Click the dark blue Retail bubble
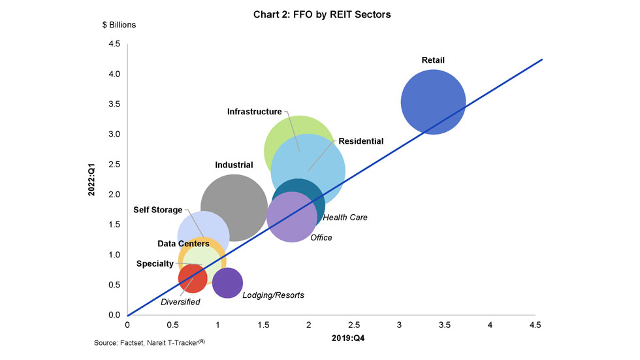(x=432, y=102)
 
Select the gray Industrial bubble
(x=233, y=208)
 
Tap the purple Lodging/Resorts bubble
(x=228, y=283)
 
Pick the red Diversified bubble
(x=192, y=278)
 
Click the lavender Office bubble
(x=292, y=218)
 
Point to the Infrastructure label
(x=254, y=112)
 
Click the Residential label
(x=360, y=140)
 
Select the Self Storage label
(x=158, y=210)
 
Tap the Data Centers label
(x=184, y=244)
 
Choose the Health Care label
(x=345, y=218)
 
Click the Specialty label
(x=155, y=264)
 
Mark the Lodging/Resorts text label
(x=273, y=295)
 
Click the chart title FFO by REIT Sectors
(x=322, y=14)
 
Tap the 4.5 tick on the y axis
(x=114, y=44)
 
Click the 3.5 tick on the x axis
(x=445, y=325)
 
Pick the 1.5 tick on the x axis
(x=263, y=325)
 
